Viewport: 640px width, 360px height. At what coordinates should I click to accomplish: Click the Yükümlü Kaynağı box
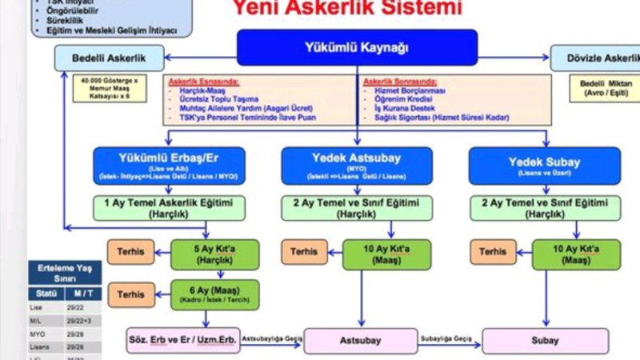click(x=357, y=47)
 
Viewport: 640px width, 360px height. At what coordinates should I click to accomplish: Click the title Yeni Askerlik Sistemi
click(x=347, y=9)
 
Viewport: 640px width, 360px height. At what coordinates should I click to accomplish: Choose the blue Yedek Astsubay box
click(x=357, y=166)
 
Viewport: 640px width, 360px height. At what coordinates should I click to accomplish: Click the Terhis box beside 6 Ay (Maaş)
click(x=131, y=294)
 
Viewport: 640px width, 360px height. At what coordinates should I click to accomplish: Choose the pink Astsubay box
click(x=361, y=341)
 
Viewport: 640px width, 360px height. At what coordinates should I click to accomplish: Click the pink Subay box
click(x=545, y=341)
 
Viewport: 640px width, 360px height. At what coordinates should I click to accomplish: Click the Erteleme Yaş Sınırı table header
click(x=64, y=274)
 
